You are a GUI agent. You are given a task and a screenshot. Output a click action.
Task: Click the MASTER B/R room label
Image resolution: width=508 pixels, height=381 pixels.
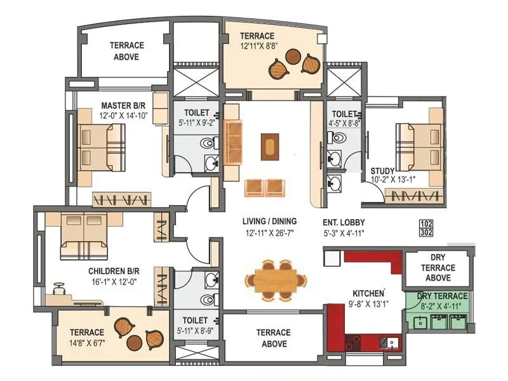click(x=125, y=105)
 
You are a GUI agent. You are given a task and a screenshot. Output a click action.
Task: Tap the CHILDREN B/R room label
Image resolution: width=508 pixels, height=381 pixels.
click(x=114, y=271)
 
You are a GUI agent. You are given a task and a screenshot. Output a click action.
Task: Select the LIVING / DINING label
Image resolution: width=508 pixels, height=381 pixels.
click(x=269, y=222)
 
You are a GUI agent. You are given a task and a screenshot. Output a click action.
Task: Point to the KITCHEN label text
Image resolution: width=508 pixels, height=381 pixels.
click(x=369, y=293)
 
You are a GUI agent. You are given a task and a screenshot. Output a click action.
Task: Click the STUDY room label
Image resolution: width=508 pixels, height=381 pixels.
click(x=383, y=171)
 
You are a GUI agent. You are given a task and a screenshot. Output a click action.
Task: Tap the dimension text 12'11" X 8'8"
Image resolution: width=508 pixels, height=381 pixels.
click(x=257, y=46)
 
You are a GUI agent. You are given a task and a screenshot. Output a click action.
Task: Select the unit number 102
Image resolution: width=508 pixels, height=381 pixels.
click(x=427, y=224)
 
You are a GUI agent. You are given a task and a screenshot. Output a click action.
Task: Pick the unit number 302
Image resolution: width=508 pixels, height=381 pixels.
click(x=427, y=232)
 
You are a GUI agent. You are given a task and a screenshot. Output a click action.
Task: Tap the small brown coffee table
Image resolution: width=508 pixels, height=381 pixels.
click(x=270, y=146)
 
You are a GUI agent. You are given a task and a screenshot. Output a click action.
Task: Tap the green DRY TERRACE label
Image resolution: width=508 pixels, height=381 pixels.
click(x=444, y=296)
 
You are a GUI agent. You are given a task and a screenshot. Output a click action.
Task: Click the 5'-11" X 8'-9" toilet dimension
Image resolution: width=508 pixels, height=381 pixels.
click(x=196, y=331)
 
